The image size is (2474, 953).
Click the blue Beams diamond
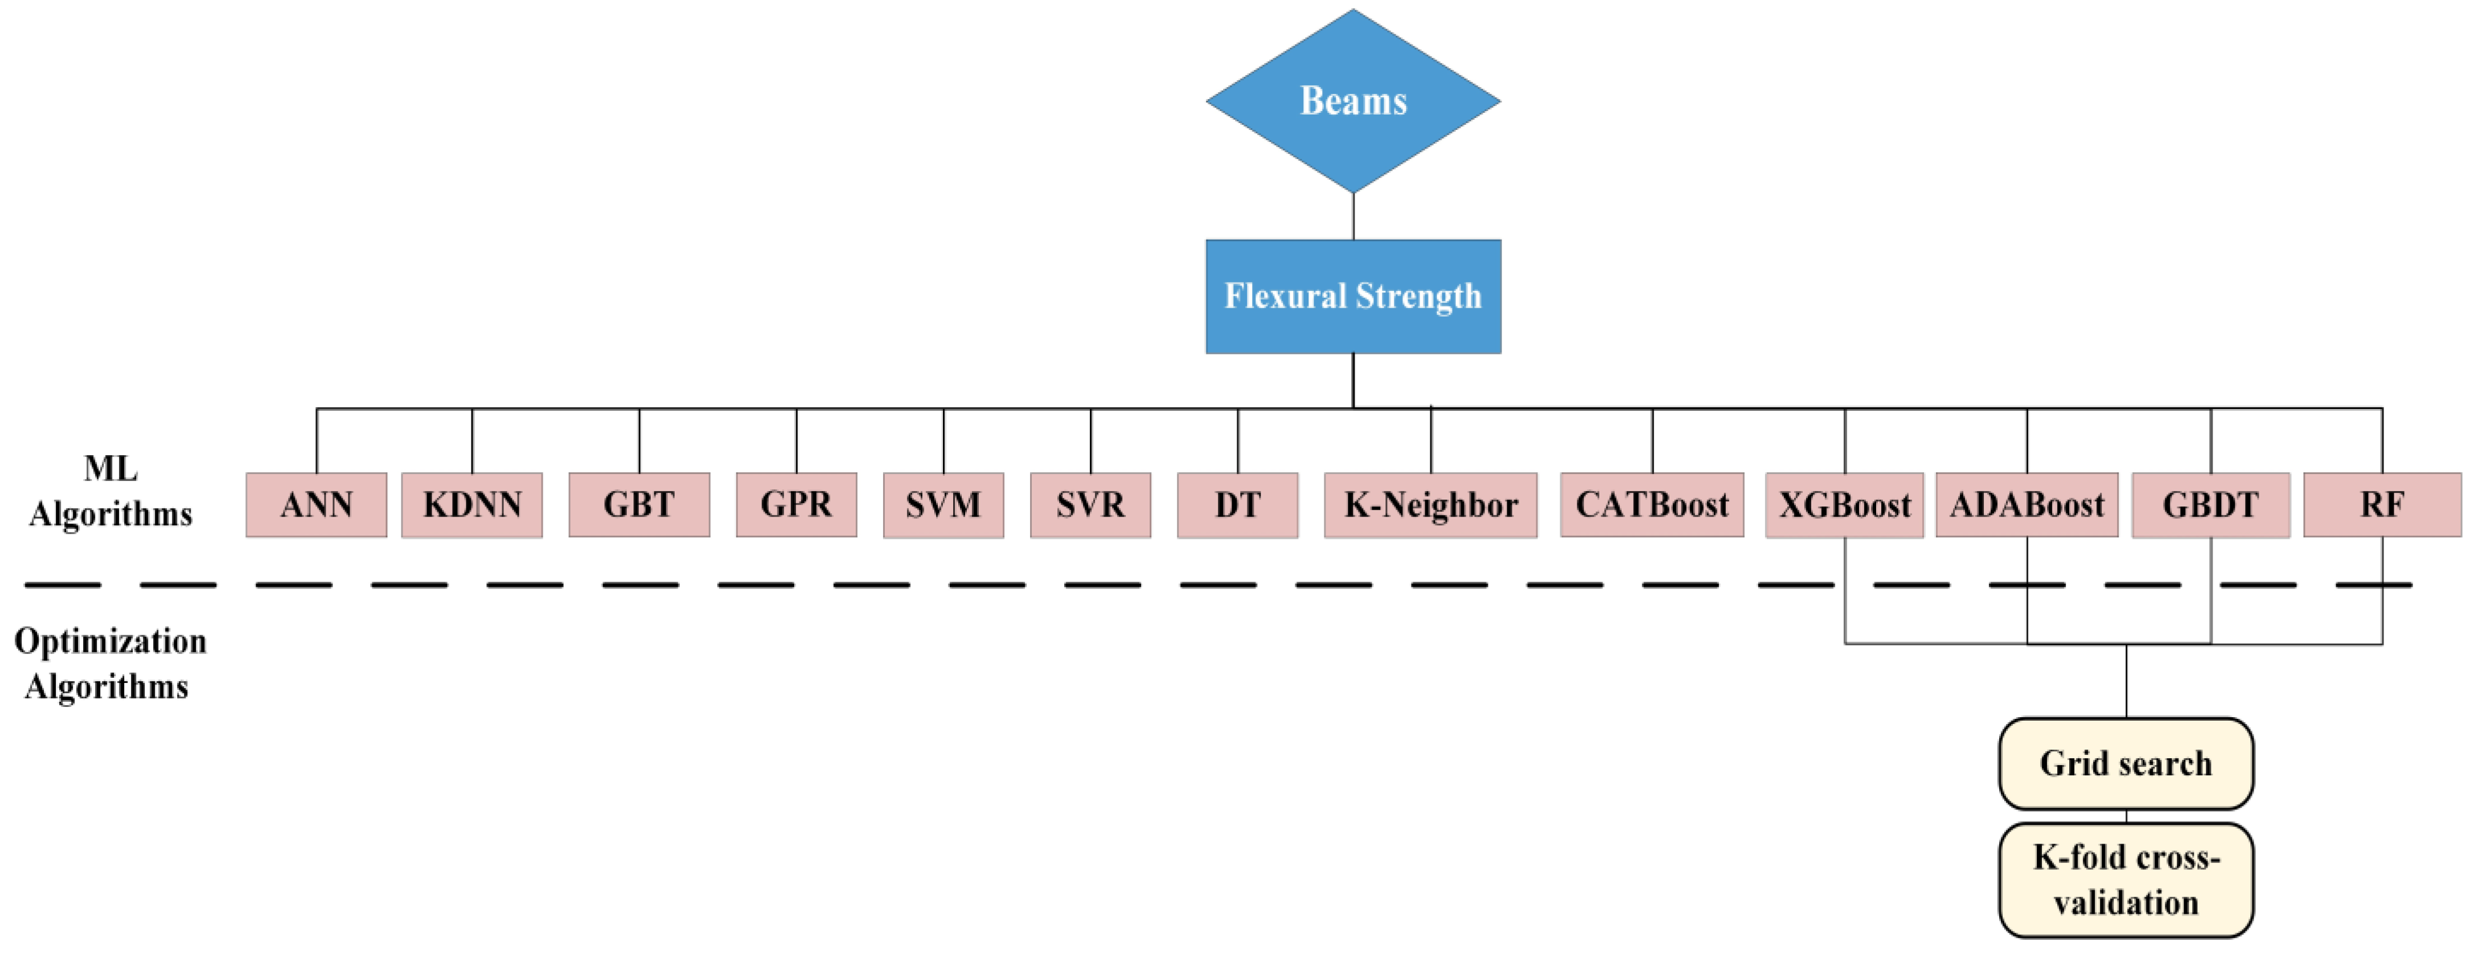pos(1353,101)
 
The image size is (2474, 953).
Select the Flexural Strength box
pos(1353,296)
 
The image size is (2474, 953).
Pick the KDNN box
pos(471,504)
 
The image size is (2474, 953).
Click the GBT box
pos(639,504)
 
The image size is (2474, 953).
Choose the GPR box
pos(796,504)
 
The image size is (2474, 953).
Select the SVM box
pos(943,504)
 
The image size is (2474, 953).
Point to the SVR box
pos(1090,504)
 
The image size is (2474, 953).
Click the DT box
pos(1237,504)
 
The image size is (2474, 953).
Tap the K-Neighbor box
pos(1430,504)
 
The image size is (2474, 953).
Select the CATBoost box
pos(1652,504)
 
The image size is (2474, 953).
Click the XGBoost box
pos(1844,504)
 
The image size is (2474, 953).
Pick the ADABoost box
pos(2026,504)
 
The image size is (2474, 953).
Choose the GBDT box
pos(2211,504)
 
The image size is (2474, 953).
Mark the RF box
pos(2382,504)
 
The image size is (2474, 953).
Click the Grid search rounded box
pos(2126,764)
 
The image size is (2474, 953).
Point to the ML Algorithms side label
pos(110,491)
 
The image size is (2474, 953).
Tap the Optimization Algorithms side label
pos(109,663)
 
